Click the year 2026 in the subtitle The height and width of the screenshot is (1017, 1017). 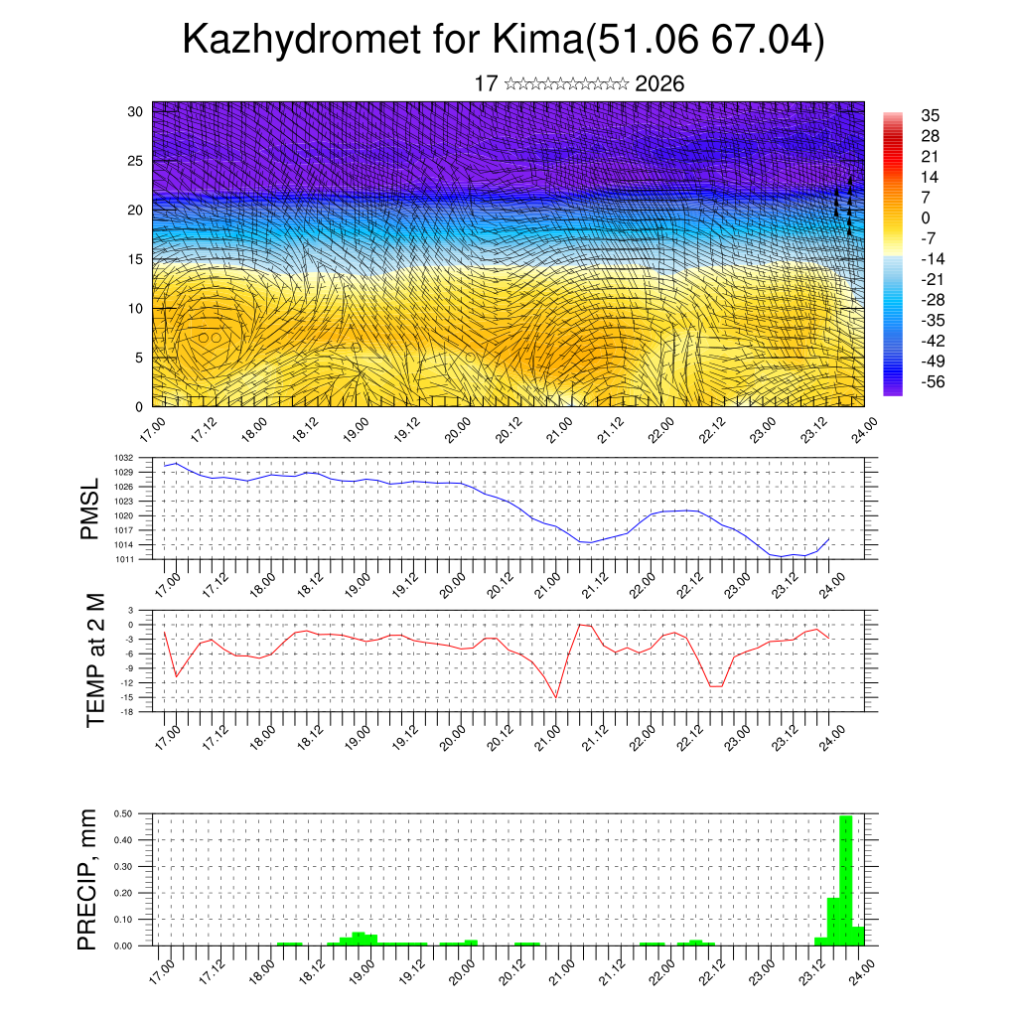pos(659,83)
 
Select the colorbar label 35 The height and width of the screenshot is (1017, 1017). pos(931,115)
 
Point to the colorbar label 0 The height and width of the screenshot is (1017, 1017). pos(926,218)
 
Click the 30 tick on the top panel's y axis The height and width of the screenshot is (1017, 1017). pos(136,110)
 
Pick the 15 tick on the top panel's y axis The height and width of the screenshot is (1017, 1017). pos(136,259)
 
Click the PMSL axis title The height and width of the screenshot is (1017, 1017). pos(89,508)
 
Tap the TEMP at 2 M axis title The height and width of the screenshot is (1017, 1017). pos(94,660)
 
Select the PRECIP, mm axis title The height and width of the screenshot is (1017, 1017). pos(89,878)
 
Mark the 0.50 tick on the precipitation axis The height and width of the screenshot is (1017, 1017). pos(123,813)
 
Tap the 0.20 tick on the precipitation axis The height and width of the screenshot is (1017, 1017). pos(123,893)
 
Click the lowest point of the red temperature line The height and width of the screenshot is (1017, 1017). pos(556,696)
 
